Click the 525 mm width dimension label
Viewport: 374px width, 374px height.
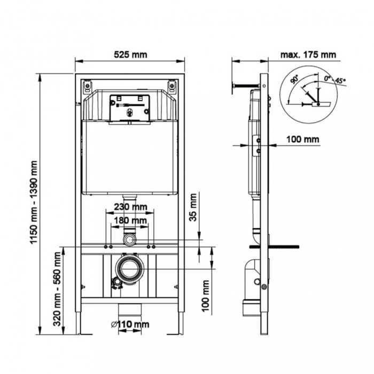pyautogui.click(x=130, y=54)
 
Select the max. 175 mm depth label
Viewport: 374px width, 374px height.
pyautogui.click(x=308, y=54)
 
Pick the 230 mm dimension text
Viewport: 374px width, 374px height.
pyautogui.click(x=130, y=207)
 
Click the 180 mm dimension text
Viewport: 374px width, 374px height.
pyautogui.click(x=130, y=220)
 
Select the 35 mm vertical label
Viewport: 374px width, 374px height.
pyautogui.click(x=194, y=208)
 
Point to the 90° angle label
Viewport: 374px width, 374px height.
pyautogui.click(x=294, y=80)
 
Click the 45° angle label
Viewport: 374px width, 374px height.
pyautogui.click(x=340, y=81)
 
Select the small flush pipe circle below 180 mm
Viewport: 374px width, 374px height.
pyautogui.click(x=129, y=239)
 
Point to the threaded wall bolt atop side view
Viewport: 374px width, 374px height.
pyautogui.click(x=246, y=85)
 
